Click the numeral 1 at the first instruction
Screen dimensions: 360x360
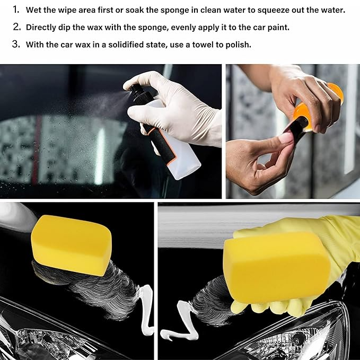(x=15, y=10)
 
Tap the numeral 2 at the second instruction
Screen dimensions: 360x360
(x=16, y=27)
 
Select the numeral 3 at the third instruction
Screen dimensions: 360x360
(x=16, y=44)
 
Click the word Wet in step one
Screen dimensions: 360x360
(x=34, y=10)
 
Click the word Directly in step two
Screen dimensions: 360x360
(x=44, y=27)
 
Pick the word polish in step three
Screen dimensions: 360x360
(x=239, y=45)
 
